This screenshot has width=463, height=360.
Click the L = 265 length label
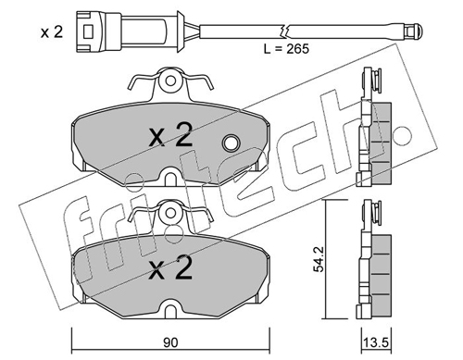pyautogui.click(x=286, y=49)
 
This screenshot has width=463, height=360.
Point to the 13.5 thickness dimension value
pyautogui.click(x=376, y=343)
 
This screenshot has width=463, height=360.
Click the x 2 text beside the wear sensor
pyautogui.click(x=52, y=32)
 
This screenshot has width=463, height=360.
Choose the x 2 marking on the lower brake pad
pyautogui.click(x=170, y=268)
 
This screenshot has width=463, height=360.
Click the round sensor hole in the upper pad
pyautogui.click(x=231, y=143)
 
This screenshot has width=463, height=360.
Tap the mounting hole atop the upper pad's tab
pyautogui.click(x=170, y=81)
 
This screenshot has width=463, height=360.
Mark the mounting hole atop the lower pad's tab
pyautogui.click(x=170, y=213)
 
